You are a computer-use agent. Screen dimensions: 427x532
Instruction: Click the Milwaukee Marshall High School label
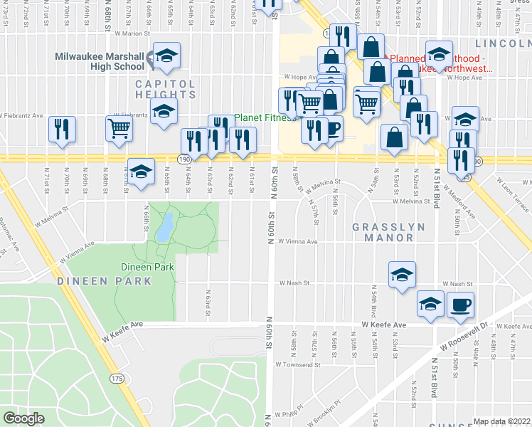pyautogui.click(x=101, y=61)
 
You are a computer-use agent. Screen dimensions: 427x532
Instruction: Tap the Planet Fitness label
pyautogui.click(x=265, y=117)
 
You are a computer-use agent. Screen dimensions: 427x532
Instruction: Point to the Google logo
pyautogui.click(x=23, y=418)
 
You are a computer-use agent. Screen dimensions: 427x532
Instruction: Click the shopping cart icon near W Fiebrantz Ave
pyautogui.click(x=119, y=128)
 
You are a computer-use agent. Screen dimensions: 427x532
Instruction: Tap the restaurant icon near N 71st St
pyautogui.click(x=61, y=129)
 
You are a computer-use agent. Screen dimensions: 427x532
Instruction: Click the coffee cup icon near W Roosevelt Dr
pyautogui.click(x=459, y=305)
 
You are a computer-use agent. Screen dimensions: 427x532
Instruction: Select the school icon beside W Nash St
pyautogui.click(x=402, y=275)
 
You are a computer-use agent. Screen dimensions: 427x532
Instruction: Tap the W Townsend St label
pyautogui.click(x=296, y=363)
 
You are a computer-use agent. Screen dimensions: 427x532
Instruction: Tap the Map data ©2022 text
pyautogui.click(x=502, y=421)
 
